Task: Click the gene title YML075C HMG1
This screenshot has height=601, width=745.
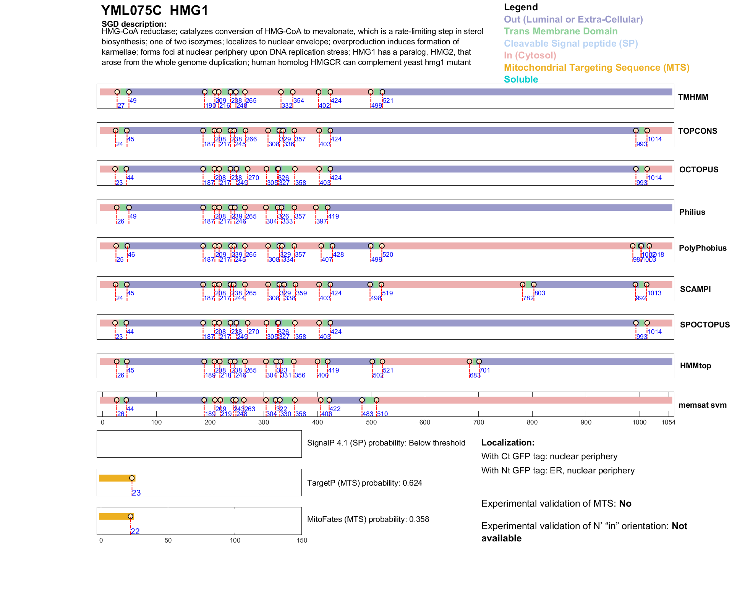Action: click(x=155, y=11)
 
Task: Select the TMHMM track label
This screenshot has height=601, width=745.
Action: click(x=693, y=97)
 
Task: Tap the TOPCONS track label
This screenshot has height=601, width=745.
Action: click(x=698, y=131)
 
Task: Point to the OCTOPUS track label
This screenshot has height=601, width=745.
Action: click(x=699, y=170)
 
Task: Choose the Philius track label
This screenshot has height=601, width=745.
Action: click(x=692, y=212)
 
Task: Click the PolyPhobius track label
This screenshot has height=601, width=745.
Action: click(x=703, y=248)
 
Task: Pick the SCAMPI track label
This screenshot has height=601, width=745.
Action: click(x=695, y=289)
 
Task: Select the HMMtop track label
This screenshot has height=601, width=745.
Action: click(x=695, y=366)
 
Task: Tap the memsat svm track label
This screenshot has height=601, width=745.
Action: click(x=702, y=405)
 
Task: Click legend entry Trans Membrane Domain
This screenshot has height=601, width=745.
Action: click(x=560, y=31)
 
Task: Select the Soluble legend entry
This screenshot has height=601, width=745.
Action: click(x=521, y=79)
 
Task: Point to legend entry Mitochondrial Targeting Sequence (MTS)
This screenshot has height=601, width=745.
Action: click(x=596, y=68)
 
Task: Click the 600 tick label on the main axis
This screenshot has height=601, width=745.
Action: click(x=425, y=422)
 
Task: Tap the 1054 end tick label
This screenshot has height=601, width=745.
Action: click(x=668, y=422)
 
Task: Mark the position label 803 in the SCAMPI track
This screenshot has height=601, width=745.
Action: click(x=540, y=293)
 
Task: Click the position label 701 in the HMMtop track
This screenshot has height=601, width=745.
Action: click(x=485, y=370)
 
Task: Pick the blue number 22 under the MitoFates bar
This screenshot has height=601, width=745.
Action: click(x=135, y=531)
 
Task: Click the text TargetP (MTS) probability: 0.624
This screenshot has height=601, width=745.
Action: click(x=364, y=483)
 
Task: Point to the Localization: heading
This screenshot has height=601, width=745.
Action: click(x=508, y=443)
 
